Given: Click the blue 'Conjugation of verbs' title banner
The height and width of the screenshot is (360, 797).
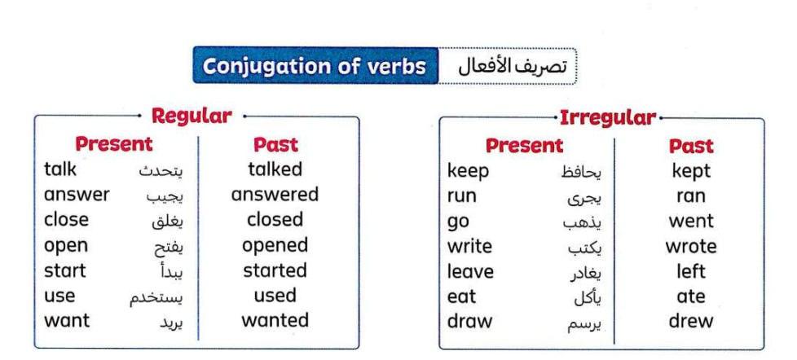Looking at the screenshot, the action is click(315, 65).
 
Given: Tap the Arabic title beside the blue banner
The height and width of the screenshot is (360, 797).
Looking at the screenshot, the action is click(511, 67).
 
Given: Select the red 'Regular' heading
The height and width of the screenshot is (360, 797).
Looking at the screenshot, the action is click(192, 116).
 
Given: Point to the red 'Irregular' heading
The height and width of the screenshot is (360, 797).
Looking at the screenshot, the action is click(608, 118).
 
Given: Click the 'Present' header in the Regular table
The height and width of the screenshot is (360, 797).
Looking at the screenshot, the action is click(114, 144).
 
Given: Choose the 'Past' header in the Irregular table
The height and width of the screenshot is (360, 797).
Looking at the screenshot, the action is click(691, 147).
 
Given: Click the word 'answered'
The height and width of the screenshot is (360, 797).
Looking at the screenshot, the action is click(275, 195).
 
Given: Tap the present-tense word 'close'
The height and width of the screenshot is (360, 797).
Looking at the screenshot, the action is click(66, 220).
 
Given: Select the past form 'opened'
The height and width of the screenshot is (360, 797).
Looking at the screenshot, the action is click(275, 246).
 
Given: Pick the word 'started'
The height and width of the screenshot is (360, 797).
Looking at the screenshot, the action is click(275, 270).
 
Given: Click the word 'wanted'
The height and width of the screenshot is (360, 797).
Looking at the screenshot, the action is click(275, 320).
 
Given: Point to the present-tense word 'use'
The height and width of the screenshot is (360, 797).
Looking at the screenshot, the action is click(59, 296).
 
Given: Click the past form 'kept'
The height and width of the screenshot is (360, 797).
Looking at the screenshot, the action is click(691, 172).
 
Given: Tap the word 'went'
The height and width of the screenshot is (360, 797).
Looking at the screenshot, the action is click(691, 222).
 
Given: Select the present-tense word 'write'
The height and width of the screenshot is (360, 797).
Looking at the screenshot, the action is click(469, 247).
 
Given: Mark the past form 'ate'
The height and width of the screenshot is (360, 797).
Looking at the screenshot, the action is click(691, 296).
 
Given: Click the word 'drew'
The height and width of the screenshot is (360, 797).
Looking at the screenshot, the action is click(691, 321).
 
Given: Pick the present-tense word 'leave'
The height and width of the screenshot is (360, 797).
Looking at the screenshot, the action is click(470, 272).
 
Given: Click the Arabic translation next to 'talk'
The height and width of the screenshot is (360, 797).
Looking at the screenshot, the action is click(161, 171).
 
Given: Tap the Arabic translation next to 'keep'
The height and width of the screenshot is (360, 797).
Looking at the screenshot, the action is click(581, 173).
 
